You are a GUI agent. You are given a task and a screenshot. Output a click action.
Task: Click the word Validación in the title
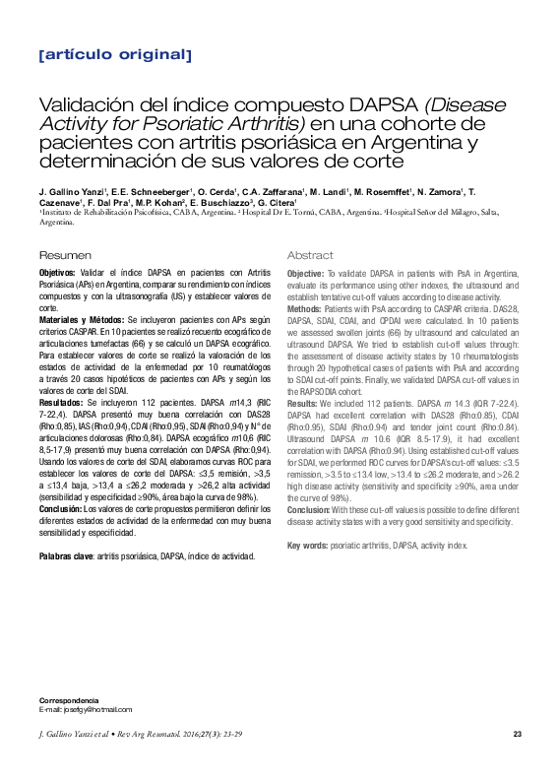pyautogui.click(x=84, y=105)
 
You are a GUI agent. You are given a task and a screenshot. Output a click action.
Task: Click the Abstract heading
pyautogui.click(x=310, y=255)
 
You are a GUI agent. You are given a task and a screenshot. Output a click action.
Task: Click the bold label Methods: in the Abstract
pyautogui.click(x=305, y=309)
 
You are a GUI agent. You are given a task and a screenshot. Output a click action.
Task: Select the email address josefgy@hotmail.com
pyautogui.click(x=96, y=709)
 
